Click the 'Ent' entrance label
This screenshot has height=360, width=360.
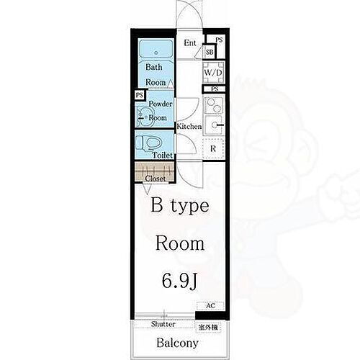click(x=190, y=43)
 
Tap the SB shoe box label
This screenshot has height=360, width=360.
click(x=210, y=52)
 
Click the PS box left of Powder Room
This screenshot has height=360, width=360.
click(x=138, y=95)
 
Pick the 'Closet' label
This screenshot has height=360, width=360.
click(x=155, y=178)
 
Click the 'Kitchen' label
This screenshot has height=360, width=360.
click(x=189, y=127)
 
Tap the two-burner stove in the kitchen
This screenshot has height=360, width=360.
click(x=214, y=105)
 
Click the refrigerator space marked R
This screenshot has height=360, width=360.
click(x=213, y=148)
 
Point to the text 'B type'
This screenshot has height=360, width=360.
click(x=180, y=206)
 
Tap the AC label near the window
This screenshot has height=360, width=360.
click(x=210, y=305)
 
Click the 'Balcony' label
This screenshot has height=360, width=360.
click(x=177, y=343)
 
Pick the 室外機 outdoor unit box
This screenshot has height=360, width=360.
click(x=209, y=328)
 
